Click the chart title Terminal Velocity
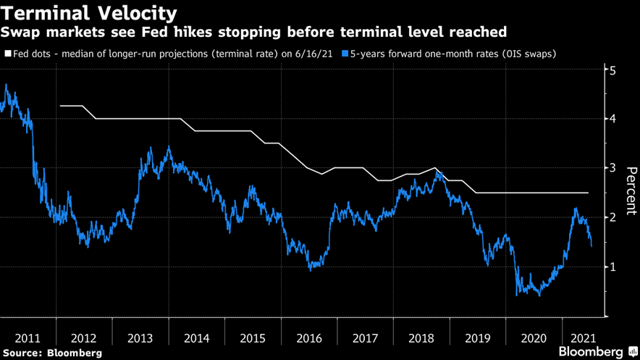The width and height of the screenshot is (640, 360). tap(89, 12)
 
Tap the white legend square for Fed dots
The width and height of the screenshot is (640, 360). tap(7, 54)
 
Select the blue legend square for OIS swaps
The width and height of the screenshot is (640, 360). tap(345, 54)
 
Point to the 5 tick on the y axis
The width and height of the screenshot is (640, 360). tap(612, 71)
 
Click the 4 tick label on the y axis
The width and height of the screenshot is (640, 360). tap(612, 119)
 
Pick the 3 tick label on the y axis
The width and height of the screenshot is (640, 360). tap(612, 168)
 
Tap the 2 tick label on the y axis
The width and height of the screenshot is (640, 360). tap(612, 217)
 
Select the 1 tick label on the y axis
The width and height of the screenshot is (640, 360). tap(612, 267)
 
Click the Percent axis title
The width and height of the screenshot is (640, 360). tap(631, 192)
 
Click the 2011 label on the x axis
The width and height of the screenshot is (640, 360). tap(28, 338)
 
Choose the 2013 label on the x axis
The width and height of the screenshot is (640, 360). tap(140, 338)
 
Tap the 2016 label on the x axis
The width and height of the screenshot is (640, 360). tap(309, 338)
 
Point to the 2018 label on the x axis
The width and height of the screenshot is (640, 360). tap(421, 338)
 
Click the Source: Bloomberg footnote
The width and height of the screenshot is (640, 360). tap(51, 353)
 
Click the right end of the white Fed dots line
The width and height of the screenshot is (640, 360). tap(588, 193)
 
